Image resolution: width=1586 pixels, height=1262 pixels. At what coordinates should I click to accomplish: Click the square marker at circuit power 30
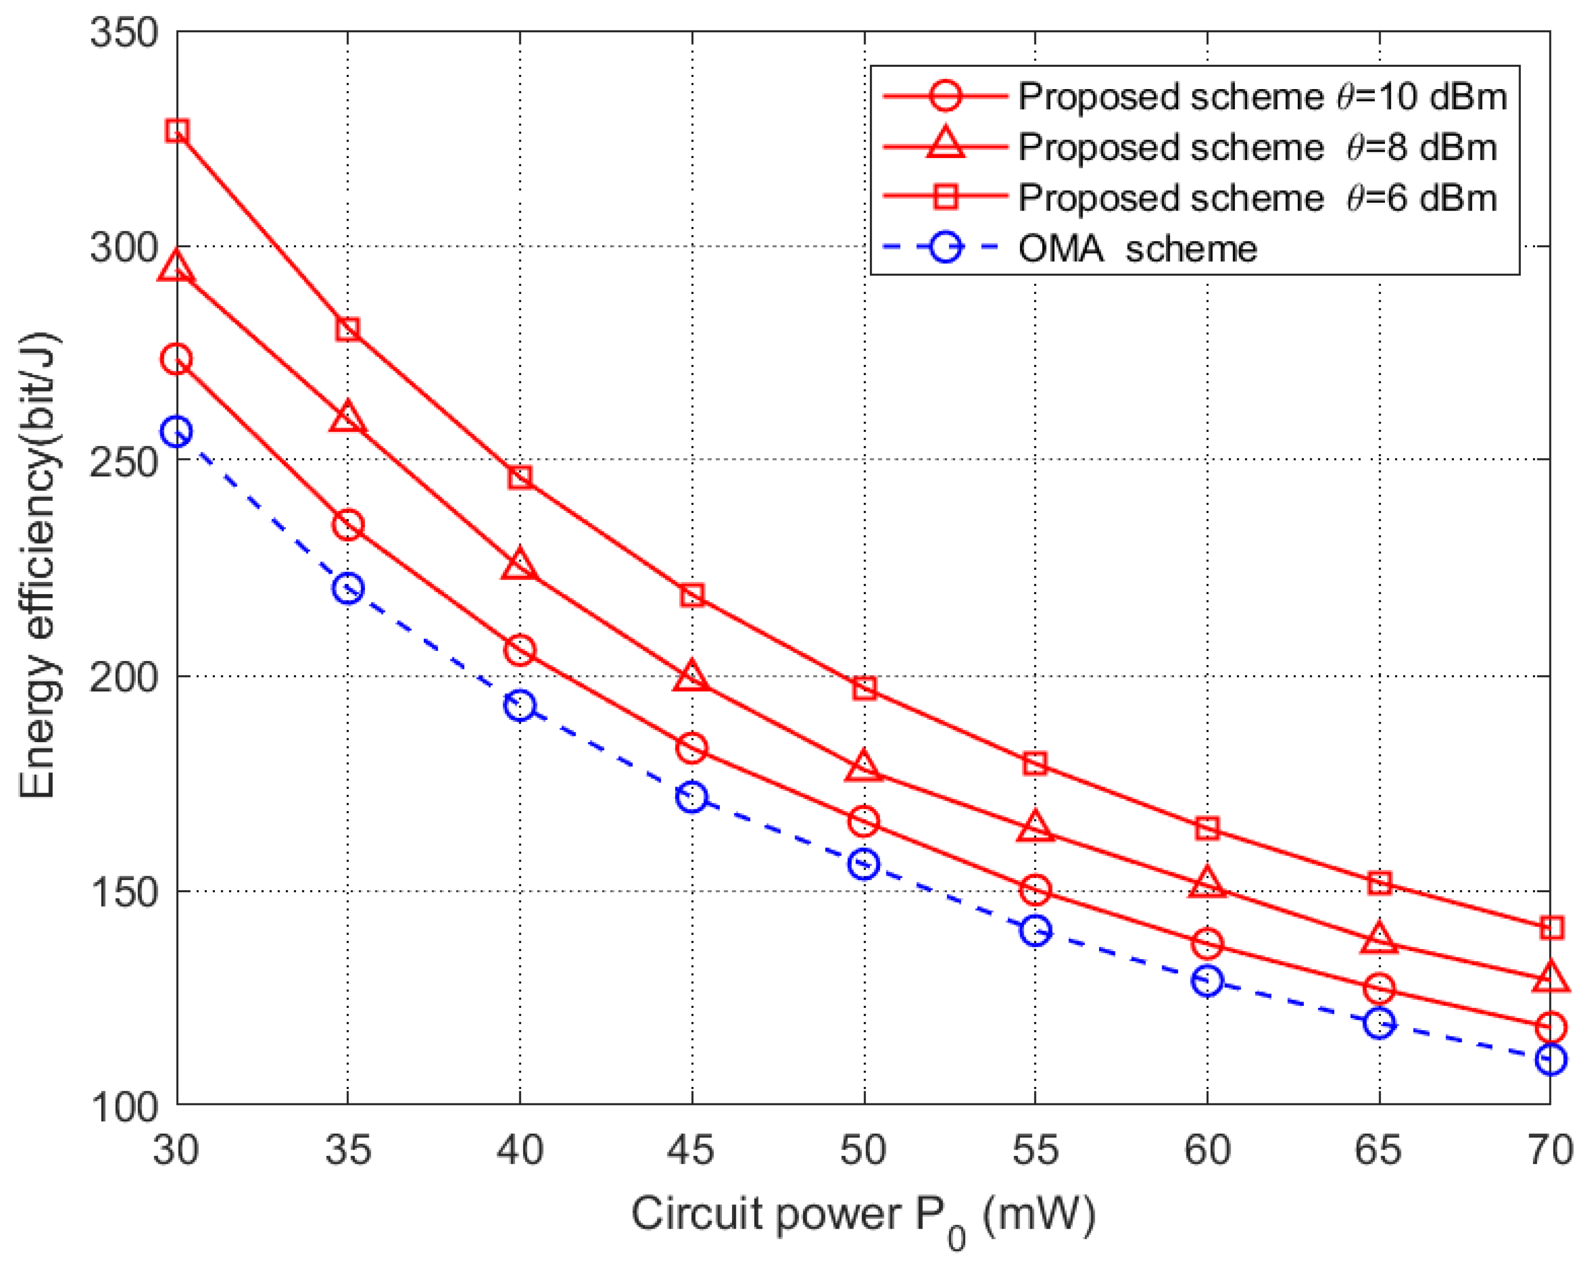coord(177,132)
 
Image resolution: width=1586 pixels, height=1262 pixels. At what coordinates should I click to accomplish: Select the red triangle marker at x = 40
coord(520,564)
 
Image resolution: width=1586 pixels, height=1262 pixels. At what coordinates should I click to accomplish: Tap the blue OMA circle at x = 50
coord(864,864)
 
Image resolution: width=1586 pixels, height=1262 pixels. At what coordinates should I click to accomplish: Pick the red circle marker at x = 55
coord(1035,890)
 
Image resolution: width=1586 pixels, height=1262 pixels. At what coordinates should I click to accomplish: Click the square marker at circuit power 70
coord(1550,928)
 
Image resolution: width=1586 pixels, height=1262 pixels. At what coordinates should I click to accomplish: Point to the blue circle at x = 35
coord(348,588)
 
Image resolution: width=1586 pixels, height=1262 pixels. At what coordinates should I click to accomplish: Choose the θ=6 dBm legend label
coord(1257,198)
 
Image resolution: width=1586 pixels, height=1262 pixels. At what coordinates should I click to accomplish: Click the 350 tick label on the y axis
coord(124,33)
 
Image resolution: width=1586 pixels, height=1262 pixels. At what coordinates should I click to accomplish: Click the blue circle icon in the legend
coord(945,248)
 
